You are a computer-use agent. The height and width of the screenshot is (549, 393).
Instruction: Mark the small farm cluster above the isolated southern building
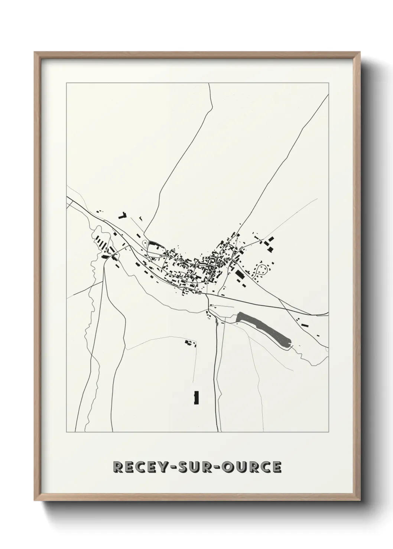(x=190, y=342)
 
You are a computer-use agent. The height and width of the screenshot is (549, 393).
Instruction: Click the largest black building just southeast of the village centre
(x=240, y=275)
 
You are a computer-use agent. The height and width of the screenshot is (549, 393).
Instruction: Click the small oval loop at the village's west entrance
(x=144, y=243)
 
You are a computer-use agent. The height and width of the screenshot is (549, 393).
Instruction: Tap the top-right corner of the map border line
(x=328, y=83)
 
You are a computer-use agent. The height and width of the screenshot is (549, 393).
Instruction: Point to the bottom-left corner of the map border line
(x=66, y=432)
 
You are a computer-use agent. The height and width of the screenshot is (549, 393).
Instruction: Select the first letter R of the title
(x=117, y=467)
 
